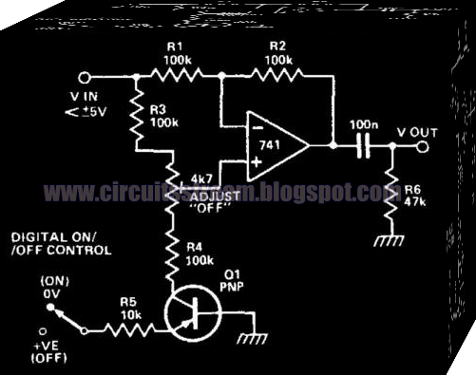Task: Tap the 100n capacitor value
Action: [x=363, y=124]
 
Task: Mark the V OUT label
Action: [x=418, y=133]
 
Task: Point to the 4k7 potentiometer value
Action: [x=202, y=178]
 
